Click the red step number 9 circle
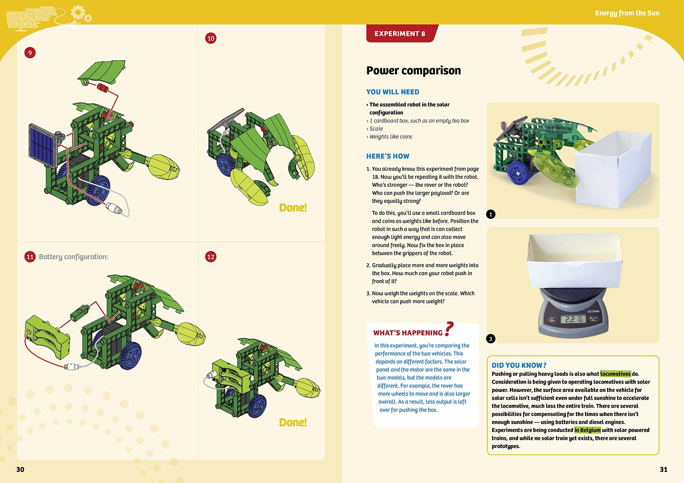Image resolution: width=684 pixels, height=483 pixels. (x=30, y=53)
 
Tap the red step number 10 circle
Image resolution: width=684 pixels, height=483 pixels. (x=211, y=38)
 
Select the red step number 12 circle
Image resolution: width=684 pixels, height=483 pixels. (x=211, y=257)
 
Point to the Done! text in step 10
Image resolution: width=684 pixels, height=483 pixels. (x=293, y=208)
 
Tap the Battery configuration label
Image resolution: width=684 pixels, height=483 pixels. (x=73, y=257)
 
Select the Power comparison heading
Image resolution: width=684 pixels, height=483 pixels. (x=413, y=70)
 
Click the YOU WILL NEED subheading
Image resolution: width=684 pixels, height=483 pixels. (x=393, y=92)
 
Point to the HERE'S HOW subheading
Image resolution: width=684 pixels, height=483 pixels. (x=388, y=156)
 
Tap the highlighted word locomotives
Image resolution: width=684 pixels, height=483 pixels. (x=615, y=374)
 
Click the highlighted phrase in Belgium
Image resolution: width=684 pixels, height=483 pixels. (x=588, y=430)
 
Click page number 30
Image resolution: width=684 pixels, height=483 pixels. (x=20, y=469)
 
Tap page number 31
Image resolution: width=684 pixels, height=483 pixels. (x=663, y=469)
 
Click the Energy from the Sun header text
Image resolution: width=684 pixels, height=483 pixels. (x=627, y=13)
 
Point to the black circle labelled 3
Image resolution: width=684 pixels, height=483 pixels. (x=491, y=339)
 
